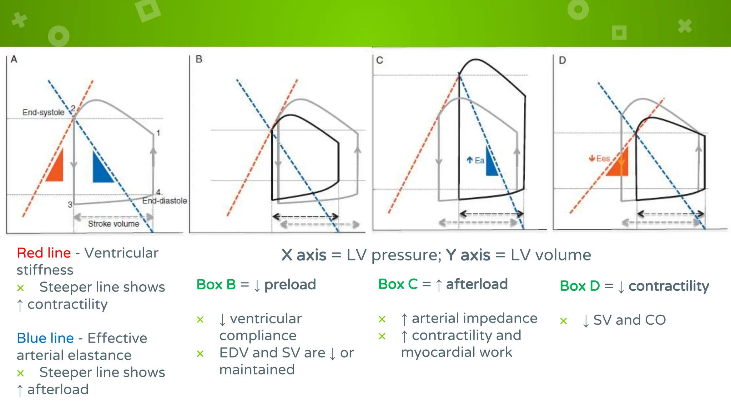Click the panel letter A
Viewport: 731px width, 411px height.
(x=14, y=59)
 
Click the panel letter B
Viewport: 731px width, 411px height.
(x=199, y=59)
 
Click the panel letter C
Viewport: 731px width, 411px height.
(x=380, y=60)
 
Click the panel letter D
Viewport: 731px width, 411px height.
(x=563, y=60)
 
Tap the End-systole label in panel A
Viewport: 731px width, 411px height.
(x=43, y=112)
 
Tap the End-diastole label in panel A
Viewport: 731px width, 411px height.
(x=165, y=201)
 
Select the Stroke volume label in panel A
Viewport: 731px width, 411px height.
(x=114, y=224)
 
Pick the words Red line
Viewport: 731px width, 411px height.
(x=44, y=253)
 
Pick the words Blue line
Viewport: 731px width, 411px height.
(x=45, y=338)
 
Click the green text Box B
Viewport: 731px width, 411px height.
(x=216, y=284)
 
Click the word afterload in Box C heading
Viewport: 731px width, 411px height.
(x=477, y=284)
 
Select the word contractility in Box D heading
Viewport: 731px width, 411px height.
(x=669, y=286)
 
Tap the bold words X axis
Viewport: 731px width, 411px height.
(x=304, y=255)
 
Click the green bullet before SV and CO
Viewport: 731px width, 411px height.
(x=563, y=321)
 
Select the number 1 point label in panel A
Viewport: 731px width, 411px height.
(x=158, y=133)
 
